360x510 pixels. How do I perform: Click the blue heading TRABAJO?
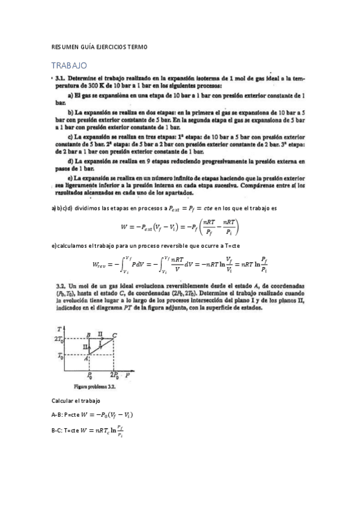(x=70, y=65)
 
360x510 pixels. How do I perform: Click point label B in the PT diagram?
(x=88, y=334)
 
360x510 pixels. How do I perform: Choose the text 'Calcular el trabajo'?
(x=76, y=401)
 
